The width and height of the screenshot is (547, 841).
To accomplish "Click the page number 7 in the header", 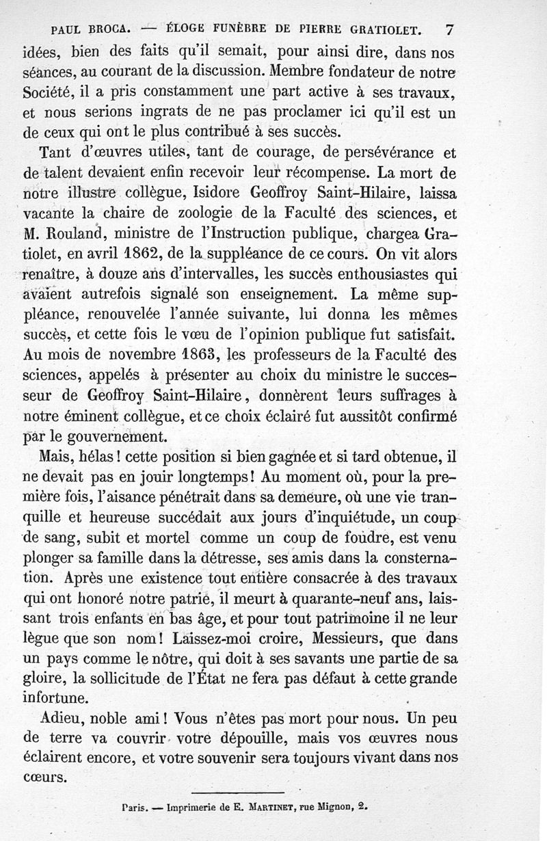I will [449, 29].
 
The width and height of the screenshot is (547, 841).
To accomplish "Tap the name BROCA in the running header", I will [105, 30].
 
